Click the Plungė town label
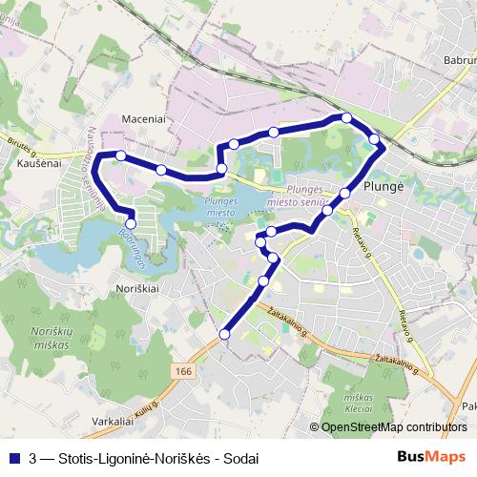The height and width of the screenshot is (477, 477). click(386, 186)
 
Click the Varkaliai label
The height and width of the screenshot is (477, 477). click(112, 420)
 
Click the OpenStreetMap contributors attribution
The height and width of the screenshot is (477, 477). click(393, 427)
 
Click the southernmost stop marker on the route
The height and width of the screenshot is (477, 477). click(225, 334)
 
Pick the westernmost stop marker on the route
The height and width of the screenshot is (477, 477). click(121, 155)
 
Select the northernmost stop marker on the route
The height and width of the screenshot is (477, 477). click(346, 118)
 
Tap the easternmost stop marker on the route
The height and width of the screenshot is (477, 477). click(375, 140)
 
